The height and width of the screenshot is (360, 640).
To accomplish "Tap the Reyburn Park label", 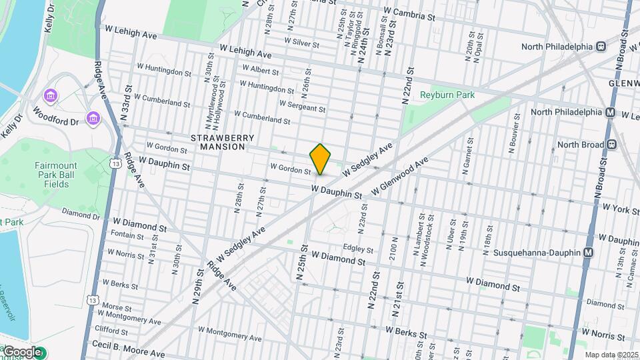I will pyautogui.click(x=447, y=95).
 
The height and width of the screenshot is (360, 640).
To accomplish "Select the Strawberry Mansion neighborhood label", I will pyautogui.click(x=223, y=142).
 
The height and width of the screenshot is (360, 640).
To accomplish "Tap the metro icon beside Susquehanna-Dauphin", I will pyautogui.click(x=588, y=253).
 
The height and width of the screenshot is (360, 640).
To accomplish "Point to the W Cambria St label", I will pyautogui.click(x=409, y=13).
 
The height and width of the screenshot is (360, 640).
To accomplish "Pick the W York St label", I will pyautogui.click(x=621, y=208).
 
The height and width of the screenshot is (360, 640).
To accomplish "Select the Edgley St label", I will pyautogui.click(x=358, y=249).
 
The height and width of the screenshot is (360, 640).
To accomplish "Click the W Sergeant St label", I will pyautogui.click(x=302, y=106).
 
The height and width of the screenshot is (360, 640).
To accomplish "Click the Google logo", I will pyautogui.click(x=22, y=352).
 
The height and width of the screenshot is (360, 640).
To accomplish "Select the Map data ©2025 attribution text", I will pyautogui.click(x=611, y=355).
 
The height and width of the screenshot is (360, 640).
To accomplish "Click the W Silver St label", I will pyautogui.click(x=301, y=43).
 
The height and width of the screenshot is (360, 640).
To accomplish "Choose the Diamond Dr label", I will pyautogui.click(x=81, y=215).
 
